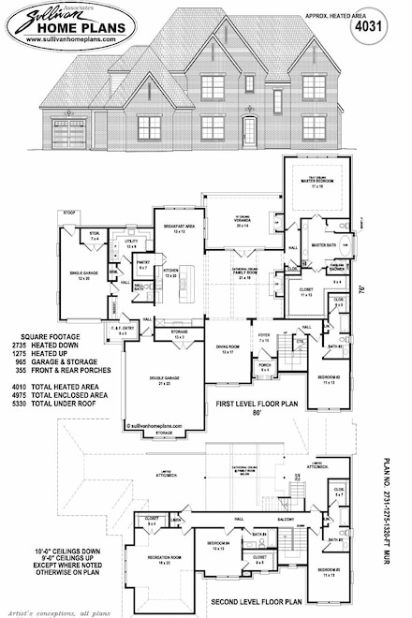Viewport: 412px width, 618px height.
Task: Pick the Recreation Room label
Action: tap(165, 558)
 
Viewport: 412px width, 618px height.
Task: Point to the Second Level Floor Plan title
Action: tap(271, 601)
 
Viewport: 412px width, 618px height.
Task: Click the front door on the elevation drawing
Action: tap(250, 129)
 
